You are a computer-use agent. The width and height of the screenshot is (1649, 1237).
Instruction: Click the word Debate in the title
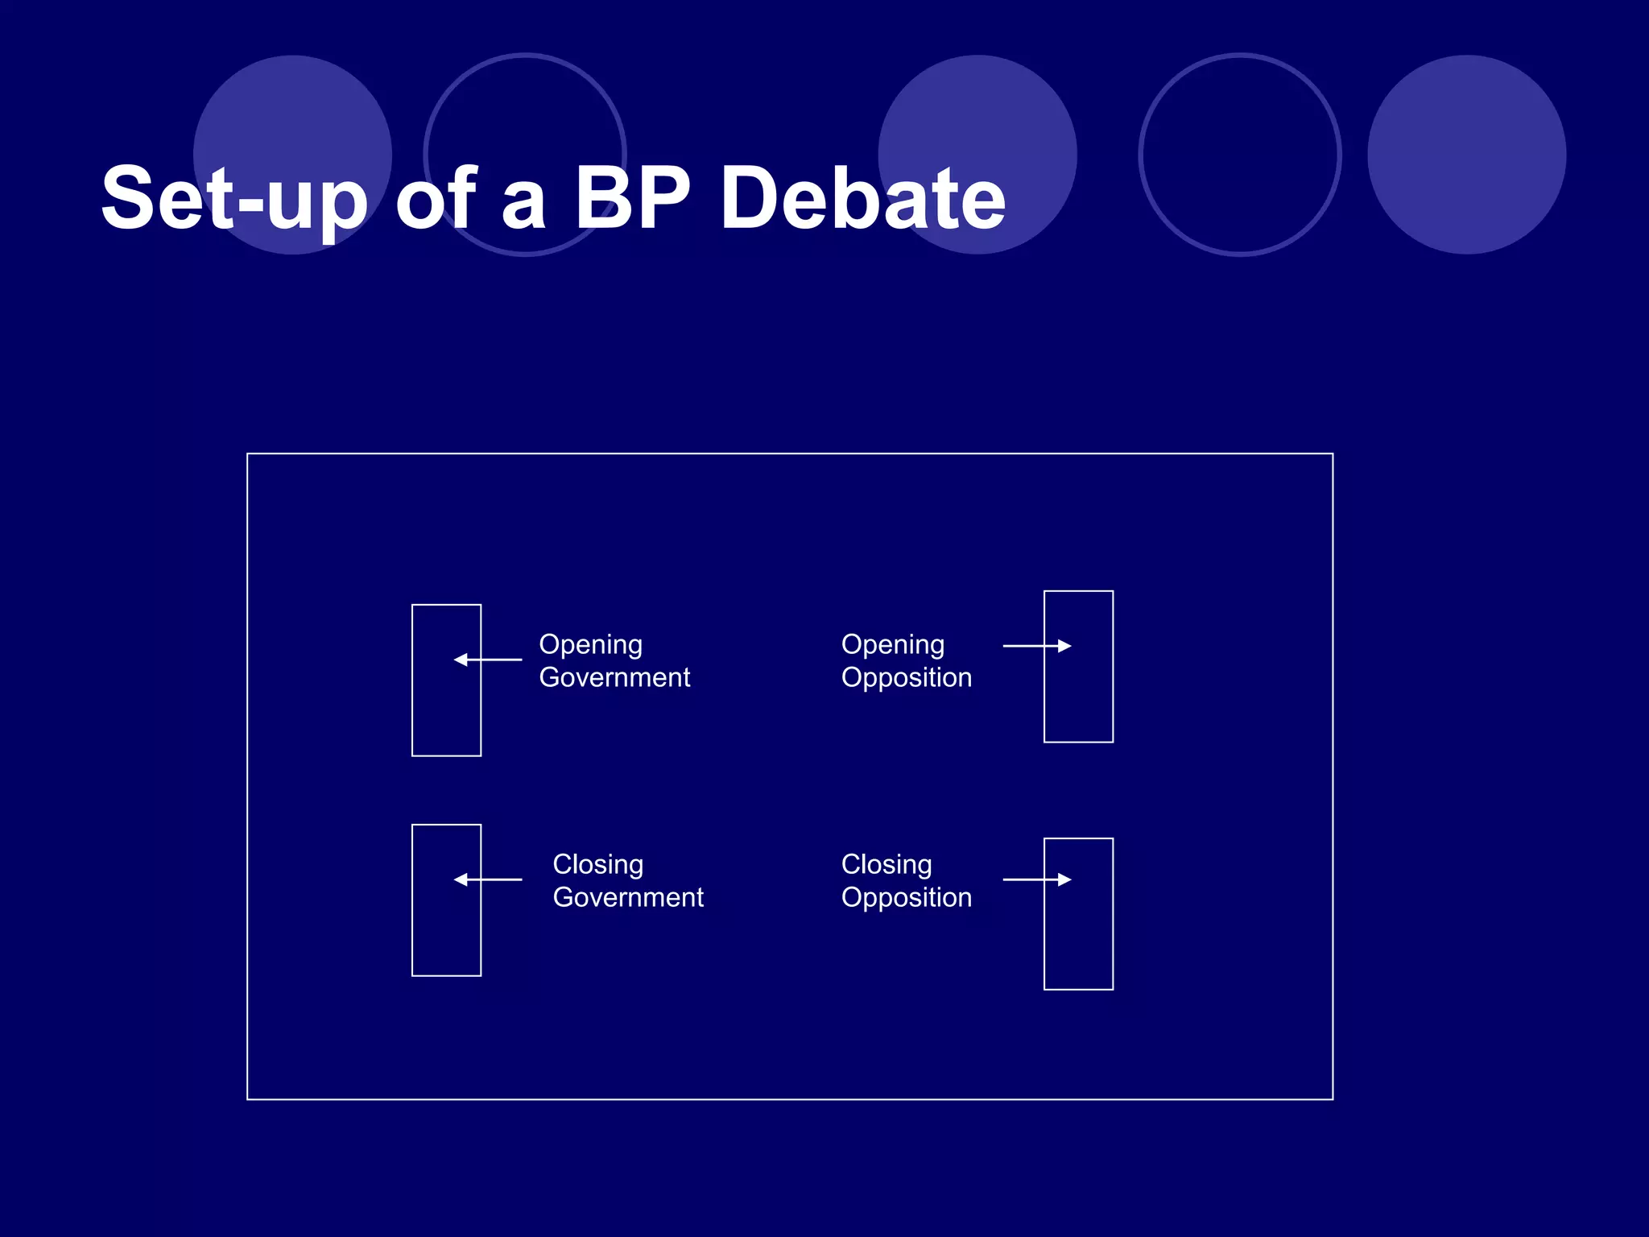pos(863,198)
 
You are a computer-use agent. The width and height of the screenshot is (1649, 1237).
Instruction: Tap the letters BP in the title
pos(632,198)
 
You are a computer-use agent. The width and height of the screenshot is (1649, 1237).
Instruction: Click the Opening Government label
pos(614,660)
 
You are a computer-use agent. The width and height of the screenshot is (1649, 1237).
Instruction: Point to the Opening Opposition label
pos(906,660)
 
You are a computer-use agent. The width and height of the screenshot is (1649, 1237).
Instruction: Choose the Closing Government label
pos(628,880)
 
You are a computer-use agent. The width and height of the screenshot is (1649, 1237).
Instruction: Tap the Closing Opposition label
pos(906,880)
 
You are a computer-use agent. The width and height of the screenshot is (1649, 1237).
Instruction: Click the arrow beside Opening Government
pos(488,660)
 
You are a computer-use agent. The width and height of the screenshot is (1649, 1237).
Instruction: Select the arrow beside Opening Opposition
pos(1037,646)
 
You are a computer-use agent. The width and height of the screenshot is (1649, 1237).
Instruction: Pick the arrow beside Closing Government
pos(488,879)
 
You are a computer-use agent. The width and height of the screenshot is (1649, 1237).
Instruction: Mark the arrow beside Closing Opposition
pos(1037,879)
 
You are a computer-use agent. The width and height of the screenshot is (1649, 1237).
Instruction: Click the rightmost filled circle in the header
pos(1466,155)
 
